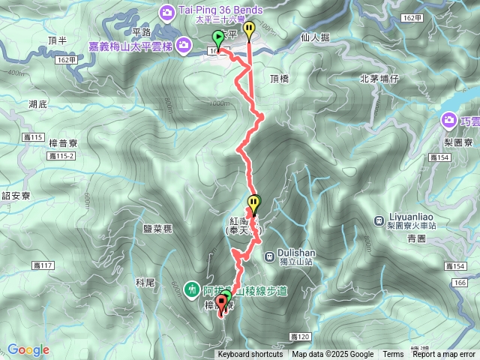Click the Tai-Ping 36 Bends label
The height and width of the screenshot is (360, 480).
click(220, 10)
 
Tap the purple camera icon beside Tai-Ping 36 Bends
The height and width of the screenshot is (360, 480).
click(166, 10)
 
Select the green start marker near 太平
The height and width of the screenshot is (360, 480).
click(218, 37)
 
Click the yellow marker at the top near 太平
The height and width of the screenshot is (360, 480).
click(249, 29)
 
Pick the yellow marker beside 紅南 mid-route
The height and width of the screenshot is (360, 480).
click(255, 202)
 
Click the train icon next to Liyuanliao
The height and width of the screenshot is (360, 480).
click(379, 220)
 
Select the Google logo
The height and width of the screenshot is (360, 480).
click(28, 349)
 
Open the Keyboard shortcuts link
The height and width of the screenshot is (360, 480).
click(250, 355)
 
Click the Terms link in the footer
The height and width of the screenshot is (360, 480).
click(393, 355)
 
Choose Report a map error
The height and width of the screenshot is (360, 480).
click(444, 355)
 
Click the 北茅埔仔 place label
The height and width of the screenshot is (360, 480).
click(379, 77)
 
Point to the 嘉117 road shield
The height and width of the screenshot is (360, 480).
click(44, 265)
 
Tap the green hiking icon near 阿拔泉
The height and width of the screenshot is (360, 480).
click(192, 288)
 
